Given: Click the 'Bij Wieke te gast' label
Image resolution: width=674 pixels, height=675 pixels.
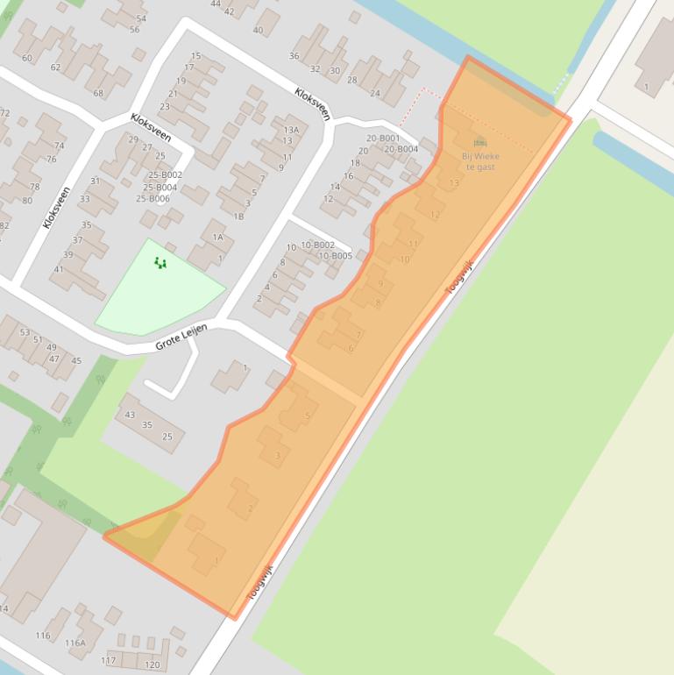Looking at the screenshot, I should point(480,161).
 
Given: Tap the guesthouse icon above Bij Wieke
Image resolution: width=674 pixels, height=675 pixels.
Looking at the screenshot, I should point(479,143).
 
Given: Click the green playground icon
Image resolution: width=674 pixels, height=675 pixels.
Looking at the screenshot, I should point(160,262).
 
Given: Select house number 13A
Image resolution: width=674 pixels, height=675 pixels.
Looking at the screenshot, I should point(291,130).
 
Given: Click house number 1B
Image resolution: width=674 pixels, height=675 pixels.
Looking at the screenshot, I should point(238,216).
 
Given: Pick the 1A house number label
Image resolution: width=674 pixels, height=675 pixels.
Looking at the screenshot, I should point(218,237).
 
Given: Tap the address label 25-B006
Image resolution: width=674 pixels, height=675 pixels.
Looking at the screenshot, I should point(153,199).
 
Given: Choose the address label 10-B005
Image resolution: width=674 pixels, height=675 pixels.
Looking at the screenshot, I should point(335,256).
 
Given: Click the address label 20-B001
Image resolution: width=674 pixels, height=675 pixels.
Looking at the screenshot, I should point(383,139).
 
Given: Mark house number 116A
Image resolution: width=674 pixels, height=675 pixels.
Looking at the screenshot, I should point(75,643).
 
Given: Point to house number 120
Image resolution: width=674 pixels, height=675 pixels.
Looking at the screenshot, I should point(153,665).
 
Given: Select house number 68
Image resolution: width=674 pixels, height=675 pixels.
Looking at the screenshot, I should point(98,94).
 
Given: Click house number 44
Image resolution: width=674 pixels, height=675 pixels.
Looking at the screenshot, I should point(216,4).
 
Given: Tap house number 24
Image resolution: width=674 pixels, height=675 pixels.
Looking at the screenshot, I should point(375,93).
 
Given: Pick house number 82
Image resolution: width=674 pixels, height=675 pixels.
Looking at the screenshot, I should point(4,226).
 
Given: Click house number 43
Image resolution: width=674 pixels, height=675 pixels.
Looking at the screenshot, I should point(130,415).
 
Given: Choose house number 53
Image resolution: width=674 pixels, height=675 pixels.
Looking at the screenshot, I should point(25,332).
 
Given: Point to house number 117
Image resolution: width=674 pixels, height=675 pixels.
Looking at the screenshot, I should point(108,660).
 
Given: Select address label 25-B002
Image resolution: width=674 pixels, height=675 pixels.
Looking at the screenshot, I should point(165,175).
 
